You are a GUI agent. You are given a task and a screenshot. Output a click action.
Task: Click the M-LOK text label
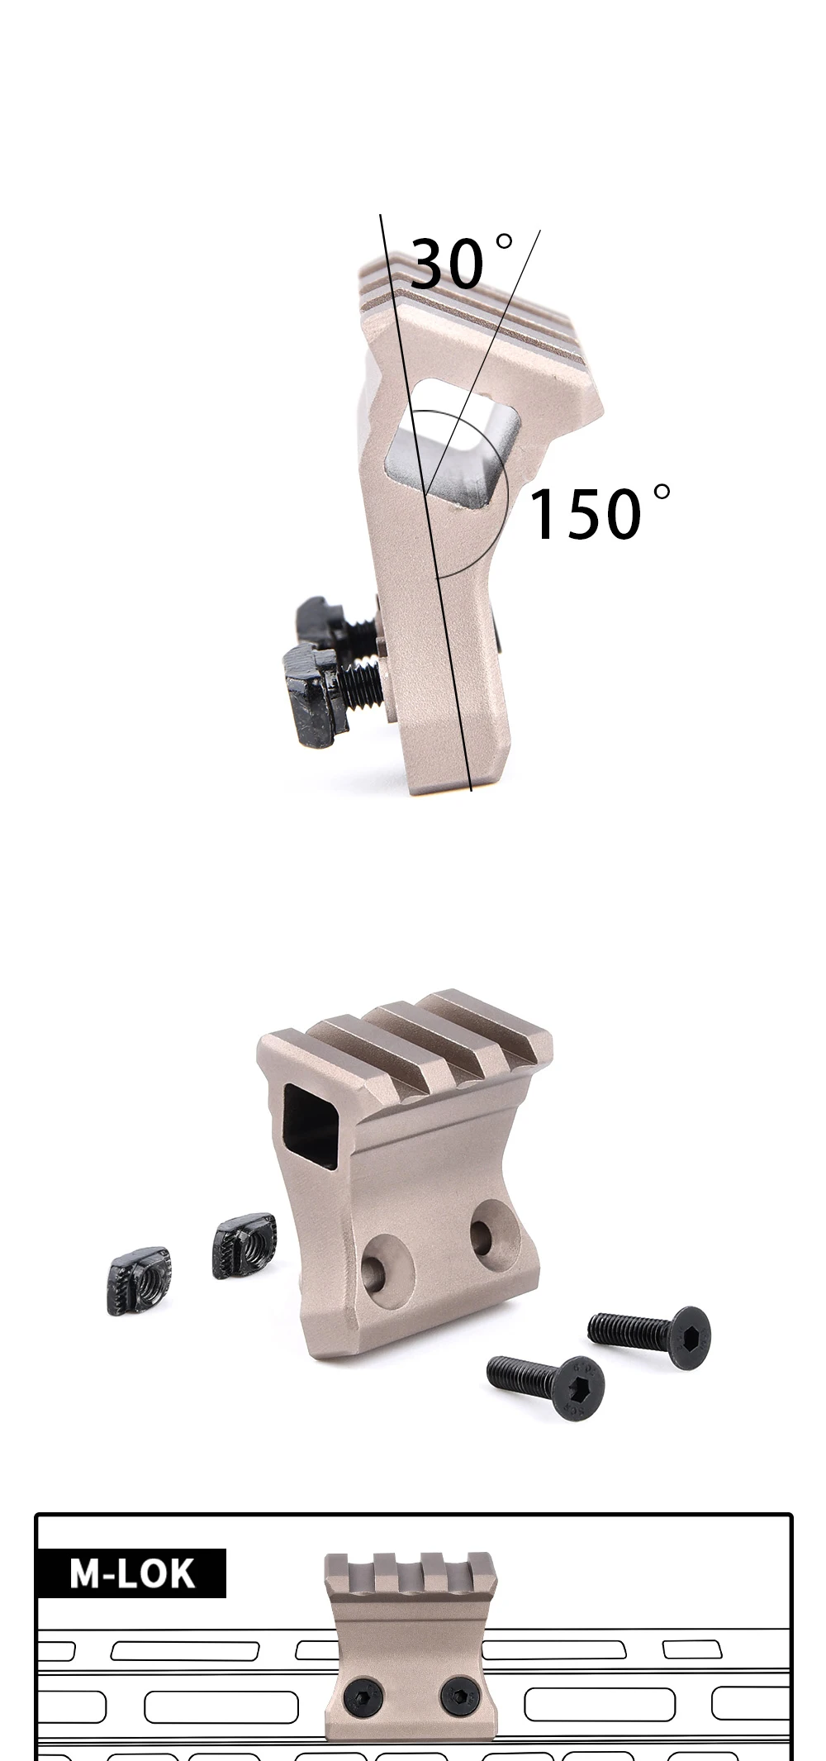(x=132, y=1574)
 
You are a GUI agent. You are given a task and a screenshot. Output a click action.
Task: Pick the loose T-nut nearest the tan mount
(x=244, y=1245)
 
